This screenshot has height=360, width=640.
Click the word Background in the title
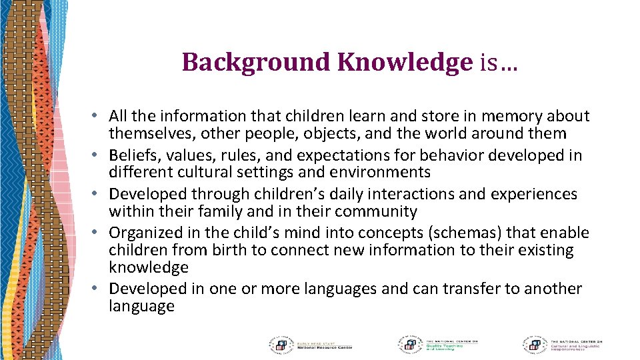[x=257, y=63]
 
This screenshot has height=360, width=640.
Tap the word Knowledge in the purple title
[x=405, y=63]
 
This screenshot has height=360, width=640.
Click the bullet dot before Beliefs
[x=97, y=156]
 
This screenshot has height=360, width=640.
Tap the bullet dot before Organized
[x=97, y=233]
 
